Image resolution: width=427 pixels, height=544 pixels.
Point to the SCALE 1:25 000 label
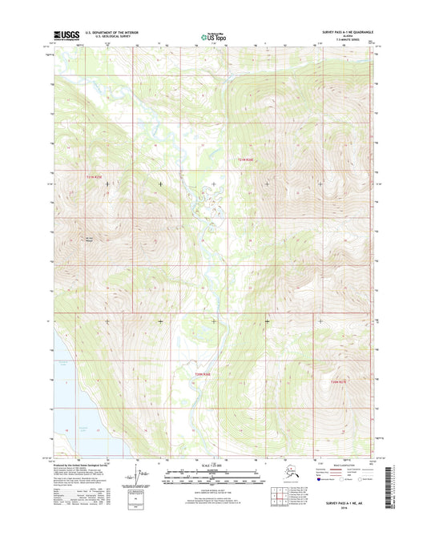coord(213,465)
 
